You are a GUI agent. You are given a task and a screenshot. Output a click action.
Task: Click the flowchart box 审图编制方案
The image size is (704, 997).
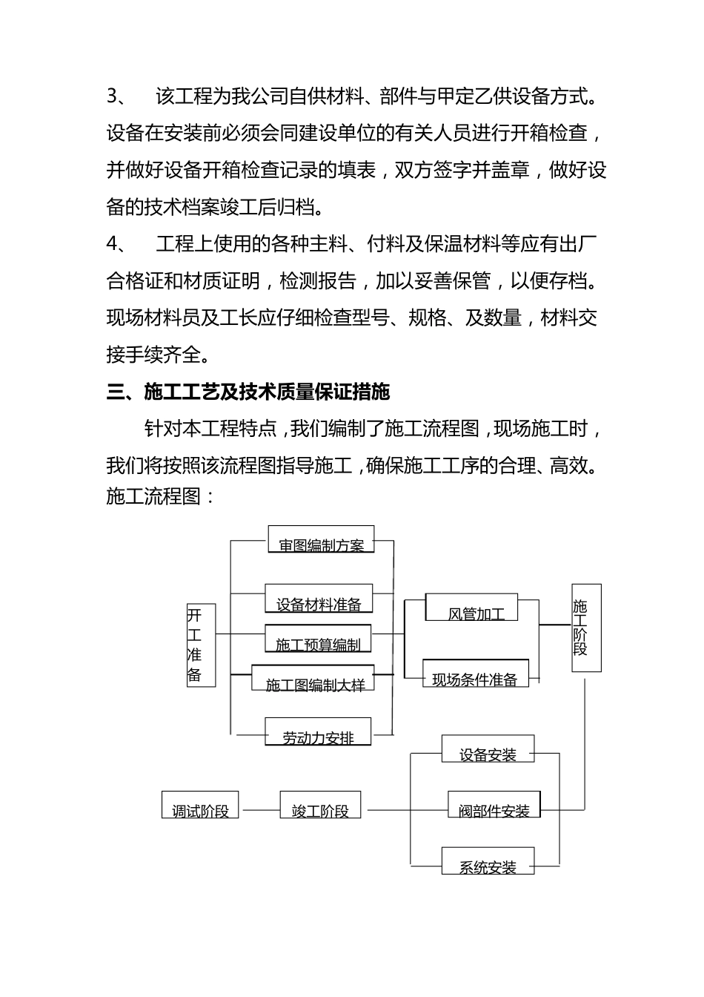tap(321, 539)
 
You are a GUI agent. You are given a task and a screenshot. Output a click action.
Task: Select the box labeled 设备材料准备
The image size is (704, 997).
tap(319, 599)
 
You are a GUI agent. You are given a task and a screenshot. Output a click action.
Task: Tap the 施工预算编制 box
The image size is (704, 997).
tap(318, 639)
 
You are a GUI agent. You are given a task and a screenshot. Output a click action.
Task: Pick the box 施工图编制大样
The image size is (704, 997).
tap(313, 678)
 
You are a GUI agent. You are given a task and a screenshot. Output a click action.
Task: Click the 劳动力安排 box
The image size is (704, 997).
tap(318, 731)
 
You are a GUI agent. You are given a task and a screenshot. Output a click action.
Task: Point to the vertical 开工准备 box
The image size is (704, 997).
tap(201, 644)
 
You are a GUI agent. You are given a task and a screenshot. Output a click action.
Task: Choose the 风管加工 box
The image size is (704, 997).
tap(471, 608)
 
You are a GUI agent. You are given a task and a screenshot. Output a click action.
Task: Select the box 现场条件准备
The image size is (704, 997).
tap(476, 673)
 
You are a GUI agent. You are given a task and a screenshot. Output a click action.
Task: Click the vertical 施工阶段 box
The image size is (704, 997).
tap(586, 628)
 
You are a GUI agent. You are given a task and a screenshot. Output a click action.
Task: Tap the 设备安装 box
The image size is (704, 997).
tap(488, 749)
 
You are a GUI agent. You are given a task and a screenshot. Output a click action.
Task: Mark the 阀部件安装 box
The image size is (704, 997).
tap(494, 805)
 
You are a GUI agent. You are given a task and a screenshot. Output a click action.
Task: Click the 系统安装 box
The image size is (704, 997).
tap(488, 861)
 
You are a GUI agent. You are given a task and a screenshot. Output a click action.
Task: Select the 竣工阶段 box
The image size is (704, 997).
tap(320, 805)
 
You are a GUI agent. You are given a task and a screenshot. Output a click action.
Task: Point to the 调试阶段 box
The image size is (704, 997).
tap(201, 805)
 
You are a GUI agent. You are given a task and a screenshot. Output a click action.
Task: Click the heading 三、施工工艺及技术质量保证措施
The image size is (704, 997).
tap(248, 392)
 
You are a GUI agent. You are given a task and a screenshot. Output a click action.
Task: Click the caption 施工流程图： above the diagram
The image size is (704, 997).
tap(161, 496)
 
